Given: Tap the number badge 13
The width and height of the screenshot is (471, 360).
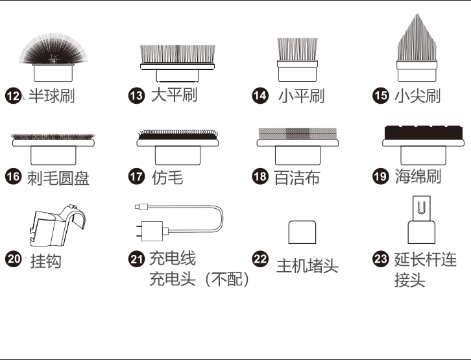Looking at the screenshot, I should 136,96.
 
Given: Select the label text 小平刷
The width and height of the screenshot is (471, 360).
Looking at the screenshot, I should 302,97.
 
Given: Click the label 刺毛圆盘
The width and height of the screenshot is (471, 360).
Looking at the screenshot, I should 58,178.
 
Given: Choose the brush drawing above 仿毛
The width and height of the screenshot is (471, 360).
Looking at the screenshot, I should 177,146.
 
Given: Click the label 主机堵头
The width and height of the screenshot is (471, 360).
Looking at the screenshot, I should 308,266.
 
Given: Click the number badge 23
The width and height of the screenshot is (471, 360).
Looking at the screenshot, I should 380,259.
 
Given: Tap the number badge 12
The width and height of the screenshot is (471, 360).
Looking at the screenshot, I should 13,96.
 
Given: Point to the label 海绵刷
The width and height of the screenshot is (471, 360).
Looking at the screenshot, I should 418,177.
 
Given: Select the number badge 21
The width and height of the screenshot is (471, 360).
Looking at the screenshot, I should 136,259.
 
